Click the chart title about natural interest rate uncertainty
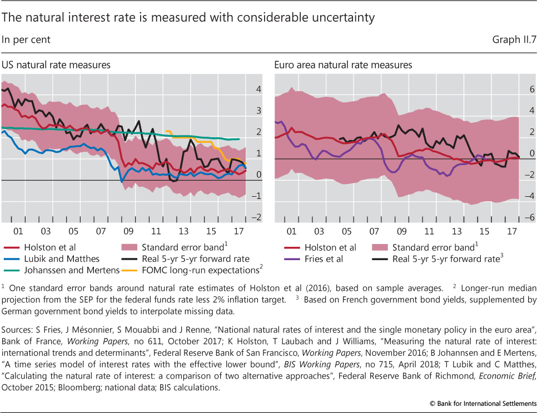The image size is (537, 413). (188, 18)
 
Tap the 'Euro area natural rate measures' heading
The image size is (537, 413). (343, 65)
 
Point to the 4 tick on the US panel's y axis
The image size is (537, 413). (257, 89)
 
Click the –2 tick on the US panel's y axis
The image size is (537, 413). (256, 217)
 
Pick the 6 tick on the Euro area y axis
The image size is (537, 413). (530, 89)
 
